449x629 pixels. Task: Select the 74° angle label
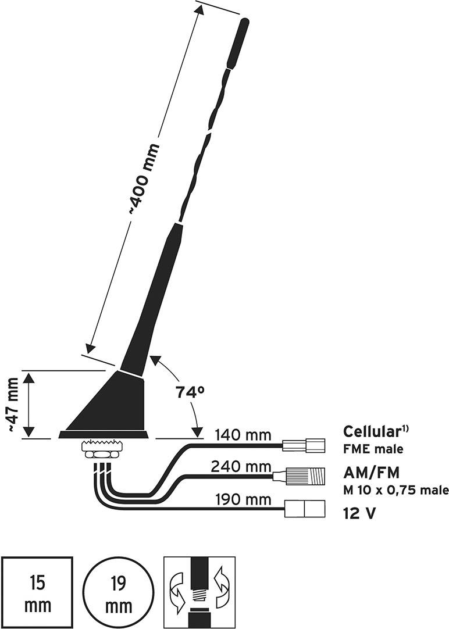(190, 393)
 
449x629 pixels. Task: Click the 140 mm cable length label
(243, 434)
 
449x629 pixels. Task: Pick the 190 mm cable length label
(243, 499)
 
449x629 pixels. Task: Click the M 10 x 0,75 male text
(396, 490)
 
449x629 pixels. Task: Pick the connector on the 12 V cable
(304, 510)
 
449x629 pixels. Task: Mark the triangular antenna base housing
(113, 404)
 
